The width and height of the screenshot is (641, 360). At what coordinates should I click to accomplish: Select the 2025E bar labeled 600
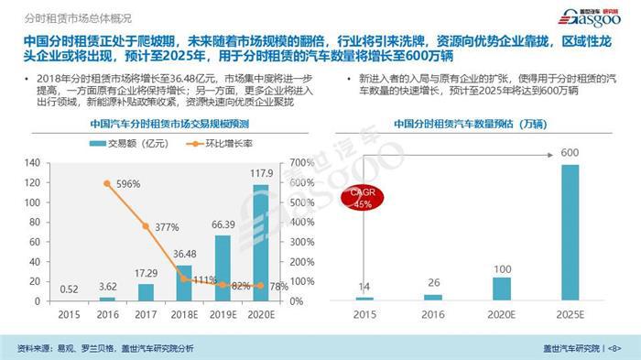click(x=570, y=232)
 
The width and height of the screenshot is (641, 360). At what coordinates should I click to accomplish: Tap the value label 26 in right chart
click(x=433, y=283)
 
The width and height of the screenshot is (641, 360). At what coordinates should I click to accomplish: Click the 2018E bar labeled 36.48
click(x=184, y=283)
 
